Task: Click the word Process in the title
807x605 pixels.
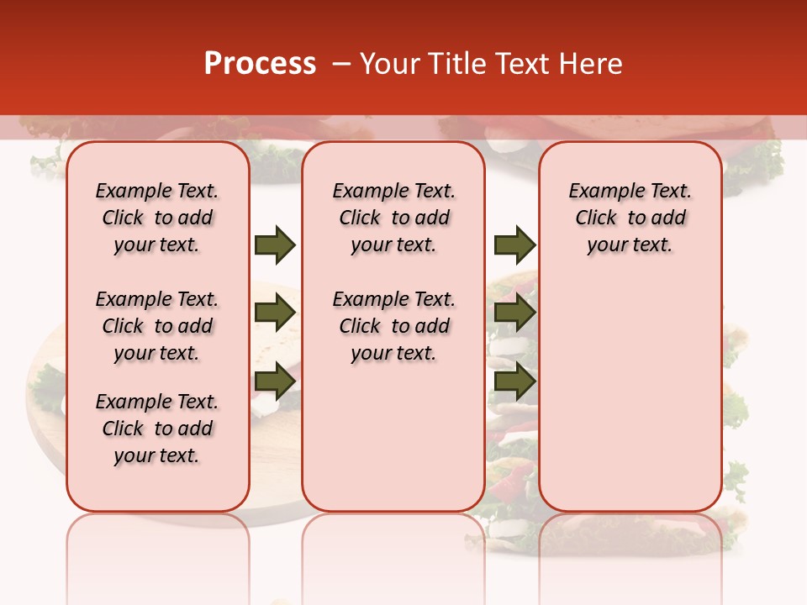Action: click(260, 64)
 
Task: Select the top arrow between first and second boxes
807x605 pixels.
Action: click(275, 245)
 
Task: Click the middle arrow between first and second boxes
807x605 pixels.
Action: click(275, 313)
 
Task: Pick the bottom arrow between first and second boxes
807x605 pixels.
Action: click(275, 381)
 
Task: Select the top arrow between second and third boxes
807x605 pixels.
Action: click(514, 245)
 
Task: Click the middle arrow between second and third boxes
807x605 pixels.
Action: click(514, 313)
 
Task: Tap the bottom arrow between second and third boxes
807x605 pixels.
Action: click(514, 381)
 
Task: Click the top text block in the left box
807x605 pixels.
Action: click(157, 218)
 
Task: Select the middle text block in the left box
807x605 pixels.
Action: click(157, 326)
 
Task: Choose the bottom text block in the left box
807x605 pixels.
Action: click(157, 429)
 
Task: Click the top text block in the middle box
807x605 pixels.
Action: click(393, 218)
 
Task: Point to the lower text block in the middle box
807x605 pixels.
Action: click(393, 326)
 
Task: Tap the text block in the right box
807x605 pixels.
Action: click(630, 218)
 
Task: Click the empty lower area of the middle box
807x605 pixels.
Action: click(393, 437)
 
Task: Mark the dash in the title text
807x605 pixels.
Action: click(342, 64)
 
